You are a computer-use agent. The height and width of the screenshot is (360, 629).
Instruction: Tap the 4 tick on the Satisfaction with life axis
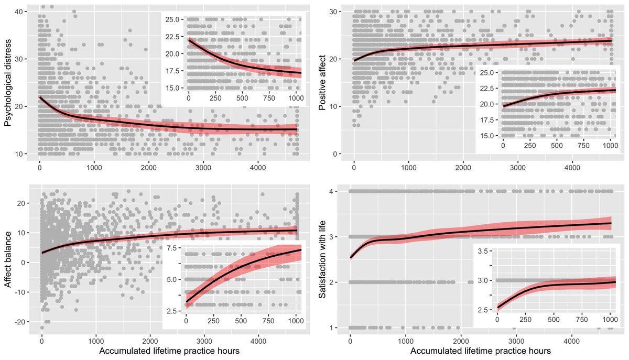(342, 191)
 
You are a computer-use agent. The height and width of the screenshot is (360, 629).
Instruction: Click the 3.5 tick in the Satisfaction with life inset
(486, 252)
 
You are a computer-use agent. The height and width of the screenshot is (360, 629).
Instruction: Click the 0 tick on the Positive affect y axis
(342, 154)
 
